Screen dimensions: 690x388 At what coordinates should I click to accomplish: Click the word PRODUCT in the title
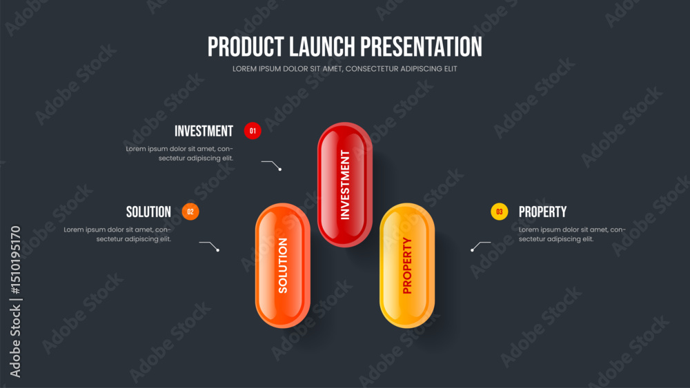tap(246, 47)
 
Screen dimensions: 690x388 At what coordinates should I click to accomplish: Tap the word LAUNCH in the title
tap(322, 47)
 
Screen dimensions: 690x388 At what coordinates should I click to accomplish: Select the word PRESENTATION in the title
tap(421, 47)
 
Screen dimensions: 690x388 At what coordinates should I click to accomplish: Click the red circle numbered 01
tap(253, 131)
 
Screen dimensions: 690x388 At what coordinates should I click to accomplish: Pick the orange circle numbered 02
tap(190, 212)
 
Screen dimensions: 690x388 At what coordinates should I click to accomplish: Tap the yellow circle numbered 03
tap(500, 212)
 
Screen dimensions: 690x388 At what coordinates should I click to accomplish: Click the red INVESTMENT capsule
tap(345, 185)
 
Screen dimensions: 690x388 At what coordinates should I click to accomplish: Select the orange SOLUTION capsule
tap(283, 265)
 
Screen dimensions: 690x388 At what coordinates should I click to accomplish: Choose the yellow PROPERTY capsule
tap(407, 265)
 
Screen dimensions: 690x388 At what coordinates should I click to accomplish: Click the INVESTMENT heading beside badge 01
tap(204, 131)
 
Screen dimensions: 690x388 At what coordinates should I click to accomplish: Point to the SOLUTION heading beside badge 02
tap(149, 212)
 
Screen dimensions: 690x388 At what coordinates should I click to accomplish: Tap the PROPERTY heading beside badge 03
tap(542, 212)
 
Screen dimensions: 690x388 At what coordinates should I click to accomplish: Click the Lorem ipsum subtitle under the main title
tap(345, 69)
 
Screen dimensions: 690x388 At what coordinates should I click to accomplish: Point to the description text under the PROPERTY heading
tap(572, 234)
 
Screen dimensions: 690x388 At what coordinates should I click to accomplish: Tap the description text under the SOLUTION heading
tap(117, 234)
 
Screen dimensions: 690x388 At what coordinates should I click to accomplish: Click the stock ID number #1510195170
tap(16, 260)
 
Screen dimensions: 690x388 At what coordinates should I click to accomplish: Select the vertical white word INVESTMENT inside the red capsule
tap(345, 185)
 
